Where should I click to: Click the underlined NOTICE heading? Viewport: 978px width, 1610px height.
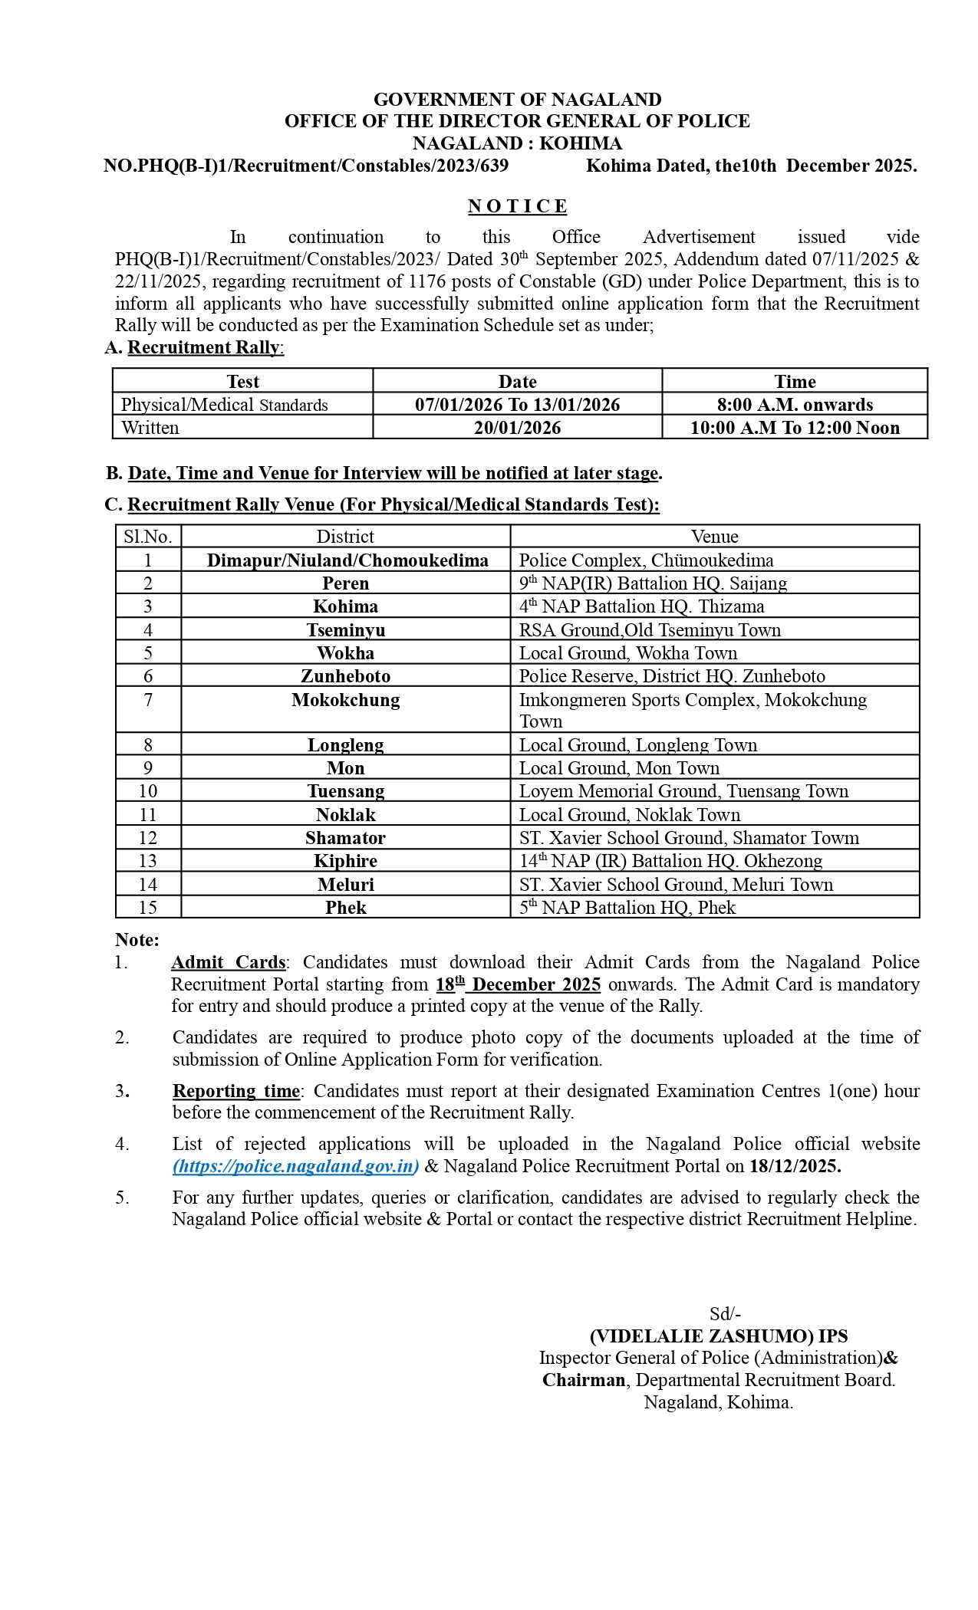click(517, 206)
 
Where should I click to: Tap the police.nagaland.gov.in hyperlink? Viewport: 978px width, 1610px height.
click(296, 1166)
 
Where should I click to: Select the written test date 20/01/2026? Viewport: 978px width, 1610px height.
click(517, 428)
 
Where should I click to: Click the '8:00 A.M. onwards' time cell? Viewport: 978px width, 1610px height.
click(795, 405)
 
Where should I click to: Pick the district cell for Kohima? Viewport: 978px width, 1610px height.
click(345, 606)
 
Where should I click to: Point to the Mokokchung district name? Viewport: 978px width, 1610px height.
click(345, 700)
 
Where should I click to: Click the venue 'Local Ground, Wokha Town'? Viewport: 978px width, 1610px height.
click(627, 653)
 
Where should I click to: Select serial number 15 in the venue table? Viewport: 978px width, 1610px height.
click(148, 908)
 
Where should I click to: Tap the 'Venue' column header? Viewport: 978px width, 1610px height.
click(714, 537)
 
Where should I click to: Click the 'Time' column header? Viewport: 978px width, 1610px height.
click(795, 382)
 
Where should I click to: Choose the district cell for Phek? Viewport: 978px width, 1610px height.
click(345, 908)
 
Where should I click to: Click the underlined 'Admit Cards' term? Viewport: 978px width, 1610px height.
click(228, 962)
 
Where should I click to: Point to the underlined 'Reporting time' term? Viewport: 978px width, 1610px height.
click(235, 1091)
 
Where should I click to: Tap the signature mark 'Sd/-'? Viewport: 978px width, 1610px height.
click(725, 1314)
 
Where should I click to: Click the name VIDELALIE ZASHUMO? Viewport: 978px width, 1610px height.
click(701, 1336)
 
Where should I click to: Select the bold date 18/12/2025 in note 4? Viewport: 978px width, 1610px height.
click(795, 1166)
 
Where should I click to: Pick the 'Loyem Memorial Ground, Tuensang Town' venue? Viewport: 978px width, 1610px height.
click(683, 791)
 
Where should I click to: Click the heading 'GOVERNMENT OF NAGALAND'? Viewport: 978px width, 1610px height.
click(517, 100)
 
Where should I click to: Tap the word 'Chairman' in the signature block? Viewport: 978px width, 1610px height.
click(584, 1380)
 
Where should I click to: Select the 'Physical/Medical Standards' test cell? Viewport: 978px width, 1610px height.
click(224, 405)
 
